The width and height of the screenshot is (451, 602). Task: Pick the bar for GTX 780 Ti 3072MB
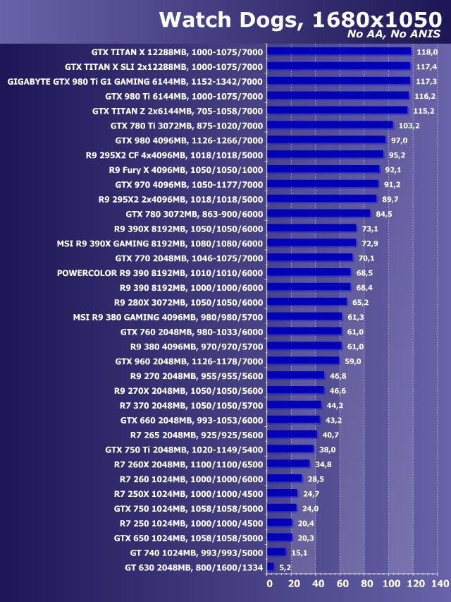(331, 125)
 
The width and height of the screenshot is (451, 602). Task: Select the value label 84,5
(384, 214)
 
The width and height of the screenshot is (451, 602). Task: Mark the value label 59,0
(354, 361)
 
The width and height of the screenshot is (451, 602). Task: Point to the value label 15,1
(302, 552)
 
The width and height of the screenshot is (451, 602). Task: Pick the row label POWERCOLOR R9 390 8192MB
(160, 272)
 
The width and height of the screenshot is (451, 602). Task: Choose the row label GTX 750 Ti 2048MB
(184, 449)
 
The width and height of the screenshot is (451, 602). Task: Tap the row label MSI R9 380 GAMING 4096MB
(168, 317)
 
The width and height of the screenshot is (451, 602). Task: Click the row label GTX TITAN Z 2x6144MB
(178, 111)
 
